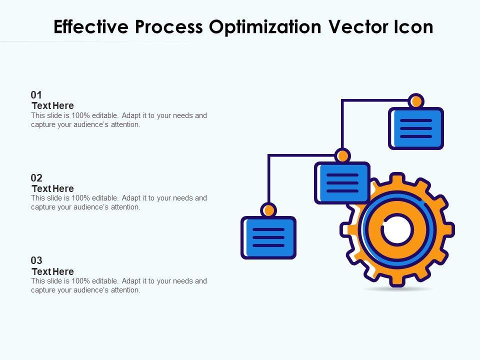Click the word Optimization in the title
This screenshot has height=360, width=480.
[265, 27]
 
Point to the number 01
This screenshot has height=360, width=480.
[36, 94]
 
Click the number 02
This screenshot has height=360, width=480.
[36, 177]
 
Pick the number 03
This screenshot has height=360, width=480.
[36, 260]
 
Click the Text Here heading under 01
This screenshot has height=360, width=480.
[52, 105]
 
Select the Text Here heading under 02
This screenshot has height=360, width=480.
[52, 188]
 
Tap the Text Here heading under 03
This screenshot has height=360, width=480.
[52, 271]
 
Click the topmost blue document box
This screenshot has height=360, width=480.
[416, 128]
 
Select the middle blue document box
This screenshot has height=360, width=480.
[342, 182]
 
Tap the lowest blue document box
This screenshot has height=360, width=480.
[268, 237]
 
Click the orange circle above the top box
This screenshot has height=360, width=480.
[415, 101]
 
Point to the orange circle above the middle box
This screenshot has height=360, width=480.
[342, 155]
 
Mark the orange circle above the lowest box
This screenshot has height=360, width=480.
[268, 210]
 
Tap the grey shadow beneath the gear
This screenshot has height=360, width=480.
[397, 289]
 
